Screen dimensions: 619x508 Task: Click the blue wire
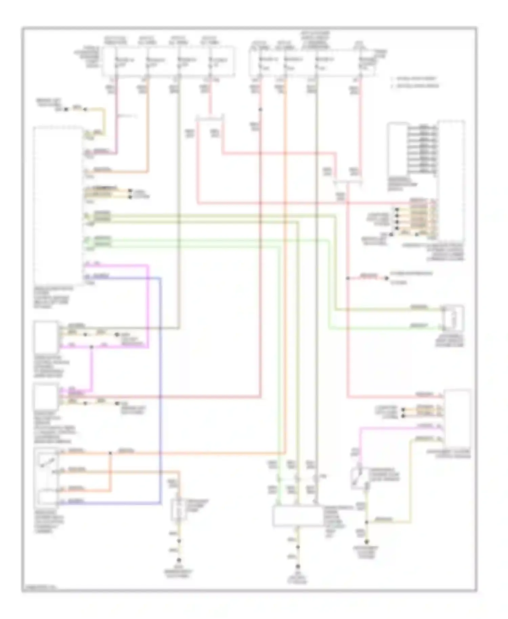(x=161, y=389)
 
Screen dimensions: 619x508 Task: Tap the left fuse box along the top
(x=168, y=61)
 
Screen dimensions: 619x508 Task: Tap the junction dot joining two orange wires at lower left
(x=110, y=453)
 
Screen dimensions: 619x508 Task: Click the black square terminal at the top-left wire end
(x=66, y=109)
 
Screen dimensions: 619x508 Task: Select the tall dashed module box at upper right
(x=451, y=179)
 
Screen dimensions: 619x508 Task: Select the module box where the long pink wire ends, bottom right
(x=457, y=419)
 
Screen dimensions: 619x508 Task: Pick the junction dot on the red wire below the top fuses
(x=260, y=109)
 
